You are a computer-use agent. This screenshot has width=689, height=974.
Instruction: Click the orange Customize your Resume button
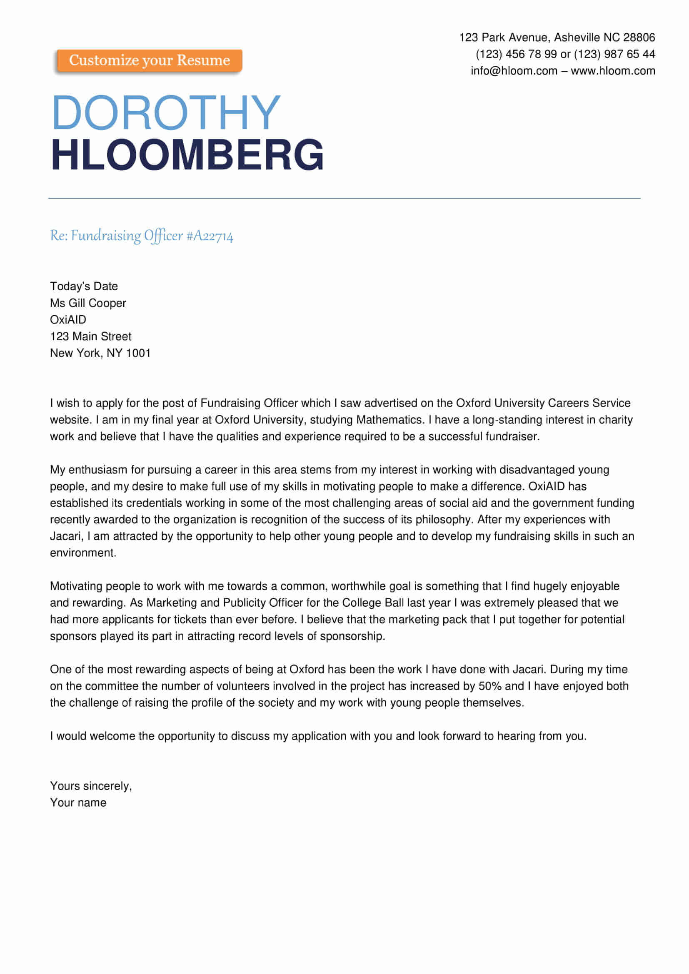(x=150, y=61)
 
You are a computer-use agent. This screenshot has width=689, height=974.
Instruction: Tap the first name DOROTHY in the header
(x=166, y=112)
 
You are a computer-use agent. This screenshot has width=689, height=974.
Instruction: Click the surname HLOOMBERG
(x=187, y=155)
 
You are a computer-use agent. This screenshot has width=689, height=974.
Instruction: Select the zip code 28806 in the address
(x=639, y=38)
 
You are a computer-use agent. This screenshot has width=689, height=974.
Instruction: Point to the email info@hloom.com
(x=514, y=71)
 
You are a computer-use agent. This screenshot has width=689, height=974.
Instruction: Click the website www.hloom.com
(x=613, y=71)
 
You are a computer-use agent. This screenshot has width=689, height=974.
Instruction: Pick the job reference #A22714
(x=210, y=236)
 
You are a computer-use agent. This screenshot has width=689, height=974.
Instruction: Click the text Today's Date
(x=84, y=286)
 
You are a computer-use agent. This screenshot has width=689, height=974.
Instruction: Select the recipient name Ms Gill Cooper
(x=88, y=303)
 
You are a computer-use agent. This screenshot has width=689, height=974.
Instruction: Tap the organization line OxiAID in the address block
(x=68, y=319)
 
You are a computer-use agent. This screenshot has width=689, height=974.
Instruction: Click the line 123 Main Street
(x=90, y=336)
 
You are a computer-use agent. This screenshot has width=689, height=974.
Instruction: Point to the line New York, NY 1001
(x=100, y=353)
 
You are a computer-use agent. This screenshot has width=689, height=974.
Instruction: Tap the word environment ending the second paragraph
(x=83, y=553)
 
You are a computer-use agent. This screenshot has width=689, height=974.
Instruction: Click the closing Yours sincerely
(x=91, y=786)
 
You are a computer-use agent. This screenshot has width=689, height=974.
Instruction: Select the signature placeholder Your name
(x=78, y=802)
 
